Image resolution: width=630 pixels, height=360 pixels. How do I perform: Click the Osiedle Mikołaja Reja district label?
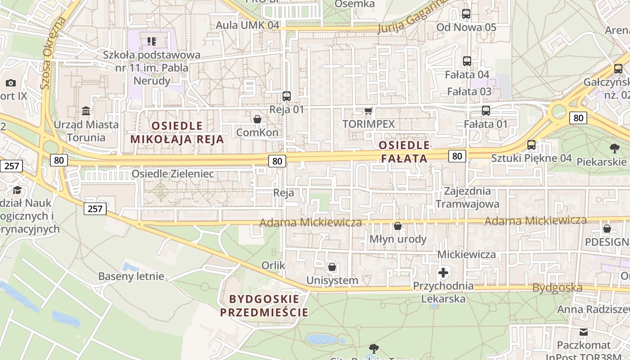[x=177, y=132]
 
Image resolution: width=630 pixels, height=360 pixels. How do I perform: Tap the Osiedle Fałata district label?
[x=404, y=152]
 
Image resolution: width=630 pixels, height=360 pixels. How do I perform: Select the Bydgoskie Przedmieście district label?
[x=264, y=306]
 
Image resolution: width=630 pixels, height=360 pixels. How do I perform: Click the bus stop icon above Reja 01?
[x=287, y=96]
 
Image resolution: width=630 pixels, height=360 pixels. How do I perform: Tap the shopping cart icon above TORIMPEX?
[x=369, y=111]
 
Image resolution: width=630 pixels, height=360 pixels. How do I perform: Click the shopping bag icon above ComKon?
[x=257, y=119]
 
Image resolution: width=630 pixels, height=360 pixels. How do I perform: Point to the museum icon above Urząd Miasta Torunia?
[x=85, y=111]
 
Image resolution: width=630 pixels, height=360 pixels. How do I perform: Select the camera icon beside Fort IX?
[x=11, y=83]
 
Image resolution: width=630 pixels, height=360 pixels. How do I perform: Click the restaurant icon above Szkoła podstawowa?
[x=151, y=41]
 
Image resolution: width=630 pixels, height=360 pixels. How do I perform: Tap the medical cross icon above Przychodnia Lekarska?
[x=443, y=272]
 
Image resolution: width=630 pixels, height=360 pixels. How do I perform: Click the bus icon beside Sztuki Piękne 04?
[x=531, y=145]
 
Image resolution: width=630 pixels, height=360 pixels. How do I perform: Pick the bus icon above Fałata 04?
[x=467, y=61]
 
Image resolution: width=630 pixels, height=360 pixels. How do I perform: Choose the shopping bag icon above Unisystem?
[x=332, y=267]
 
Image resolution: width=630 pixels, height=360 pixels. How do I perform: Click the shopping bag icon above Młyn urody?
[x=398, y=226]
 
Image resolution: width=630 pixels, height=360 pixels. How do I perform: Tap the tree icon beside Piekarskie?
[x=614, y=148]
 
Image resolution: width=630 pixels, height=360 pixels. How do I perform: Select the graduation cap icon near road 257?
[x=17, y=190]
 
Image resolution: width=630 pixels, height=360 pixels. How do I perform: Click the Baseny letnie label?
[x=131, y=276]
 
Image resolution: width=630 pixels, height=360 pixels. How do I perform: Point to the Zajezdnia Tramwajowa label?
[x=467, y=197]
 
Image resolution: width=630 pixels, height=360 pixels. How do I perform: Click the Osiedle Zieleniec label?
[x=173, y=174]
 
